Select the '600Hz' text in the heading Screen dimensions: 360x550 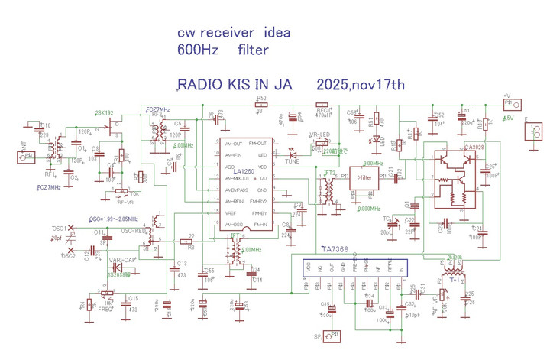193,51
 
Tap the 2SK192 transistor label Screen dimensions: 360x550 104,112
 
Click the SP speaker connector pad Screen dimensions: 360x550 331,336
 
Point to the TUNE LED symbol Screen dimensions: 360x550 292,152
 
